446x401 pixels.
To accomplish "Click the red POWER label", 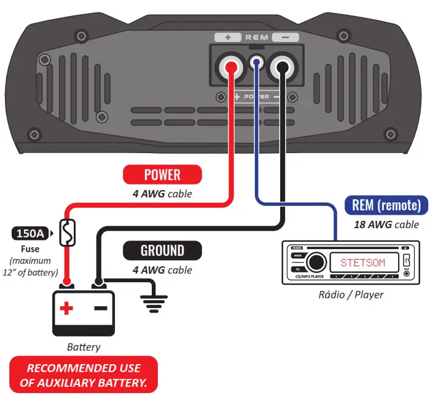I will [162, 175].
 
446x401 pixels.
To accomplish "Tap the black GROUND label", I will [162, 250].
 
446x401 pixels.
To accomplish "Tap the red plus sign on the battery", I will [66, 308].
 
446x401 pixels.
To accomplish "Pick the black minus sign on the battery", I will [101, 308].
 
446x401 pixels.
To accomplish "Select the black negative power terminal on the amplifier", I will [282, 65].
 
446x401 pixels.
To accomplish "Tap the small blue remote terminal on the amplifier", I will [257, 62].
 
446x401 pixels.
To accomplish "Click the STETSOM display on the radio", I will [362, 263].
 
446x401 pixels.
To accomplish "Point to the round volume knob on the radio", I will [316, 262].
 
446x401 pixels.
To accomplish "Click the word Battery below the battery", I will [84, 347].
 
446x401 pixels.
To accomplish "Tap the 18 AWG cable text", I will [386, 224].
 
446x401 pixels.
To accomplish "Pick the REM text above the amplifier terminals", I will [257, 38].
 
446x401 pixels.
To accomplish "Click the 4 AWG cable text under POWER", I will [162, 194].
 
